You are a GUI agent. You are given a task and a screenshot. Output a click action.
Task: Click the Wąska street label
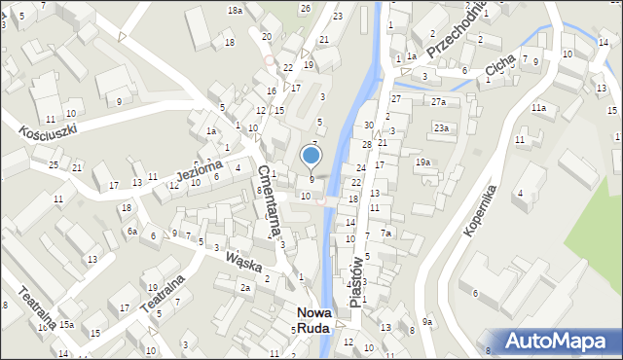(x=243, y=261)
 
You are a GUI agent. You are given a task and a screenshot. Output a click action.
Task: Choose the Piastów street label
(x=355, y=281)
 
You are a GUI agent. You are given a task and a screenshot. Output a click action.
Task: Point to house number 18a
(x=235, y=10)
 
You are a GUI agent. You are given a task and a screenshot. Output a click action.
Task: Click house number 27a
(x=438, y=102)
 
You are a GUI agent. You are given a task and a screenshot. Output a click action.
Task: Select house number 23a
(x=441, y=127)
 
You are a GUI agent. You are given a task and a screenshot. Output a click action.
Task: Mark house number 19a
(x=422, y=162)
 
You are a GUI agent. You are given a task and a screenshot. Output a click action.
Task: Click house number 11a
(x=538, y=108)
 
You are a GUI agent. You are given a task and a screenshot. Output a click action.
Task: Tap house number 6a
(x=131, y=231)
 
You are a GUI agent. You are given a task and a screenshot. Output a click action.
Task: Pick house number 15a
(x=66, y=324)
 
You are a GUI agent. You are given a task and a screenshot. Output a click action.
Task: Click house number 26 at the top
(x=305, y=9)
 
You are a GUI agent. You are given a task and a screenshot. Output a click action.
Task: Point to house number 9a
(x=426, y=322)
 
